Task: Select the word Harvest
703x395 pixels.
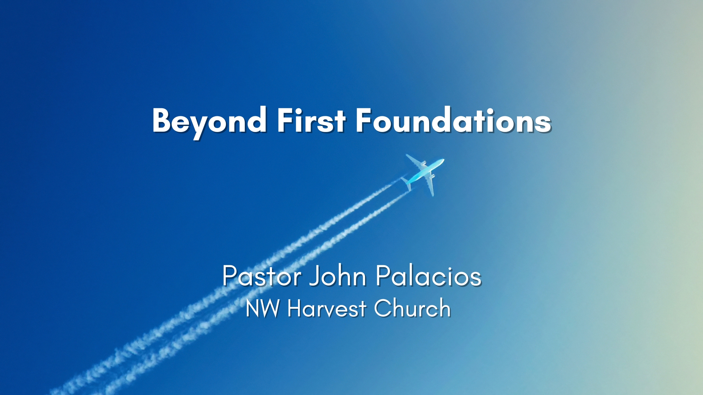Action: click(x=327, y=308)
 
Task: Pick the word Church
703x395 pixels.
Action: click(x=412, y=308)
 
